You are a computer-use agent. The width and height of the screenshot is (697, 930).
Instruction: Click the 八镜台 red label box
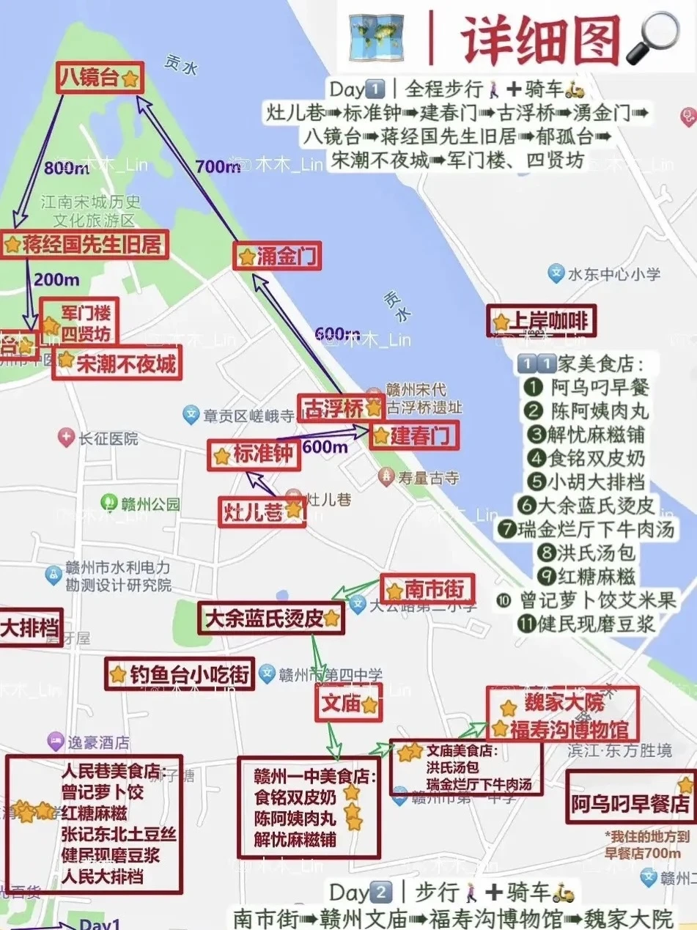pyautogui.click(x=100, y=78)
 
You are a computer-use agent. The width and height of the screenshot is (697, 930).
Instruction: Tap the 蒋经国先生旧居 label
pyautogui.click(x=84, y=245)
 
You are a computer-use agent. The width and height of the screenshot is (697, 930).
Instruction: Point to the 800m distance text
pyautogui.click(x=66, y=168)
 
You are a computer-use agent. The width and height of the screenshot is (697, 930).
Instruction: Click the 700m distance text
pyautogui.click(x=218, y=167)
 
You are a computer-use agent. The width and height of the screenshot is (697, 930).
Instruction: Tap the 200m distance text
pyautogui.click(x=56, y=280)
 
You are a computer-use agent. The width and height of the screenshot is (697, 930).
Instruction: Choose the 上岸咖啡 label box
pyautogui.click(x=542, y=321)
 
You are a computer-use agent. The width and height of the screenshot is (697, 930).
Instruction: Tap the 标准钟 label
pyautogui.click(x=254, y=455)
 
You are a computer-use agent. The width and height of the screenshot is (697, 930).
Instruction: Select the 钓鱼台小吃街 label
pyautogui.click(x=180, y=674)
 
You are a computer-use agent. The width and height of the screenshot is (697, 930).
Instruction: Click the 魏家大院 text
pyautogui.click(x=564, y=704)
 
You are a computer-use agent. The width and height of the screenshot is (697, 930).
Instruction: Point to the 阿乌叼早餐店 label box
pyautogui.click(x=630, y=804)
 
